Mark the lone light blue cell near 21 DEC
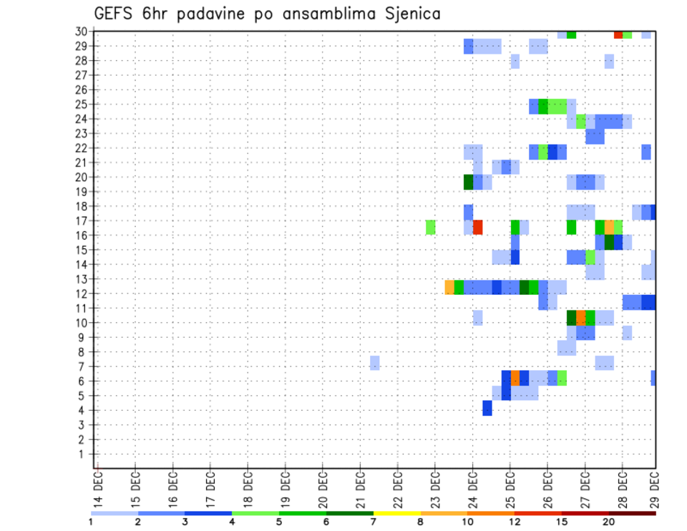(375, 363)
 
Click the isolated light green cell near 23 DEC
(431, 227)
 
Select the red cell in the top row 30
(618, 34)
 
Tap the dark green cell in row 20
(469, 182)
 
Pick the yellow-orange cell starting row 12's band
(449, 287)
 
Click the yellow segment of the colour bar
(397, 513)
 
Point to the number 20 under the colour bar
(608, 522)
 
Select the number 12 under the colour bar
(515, 522)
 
